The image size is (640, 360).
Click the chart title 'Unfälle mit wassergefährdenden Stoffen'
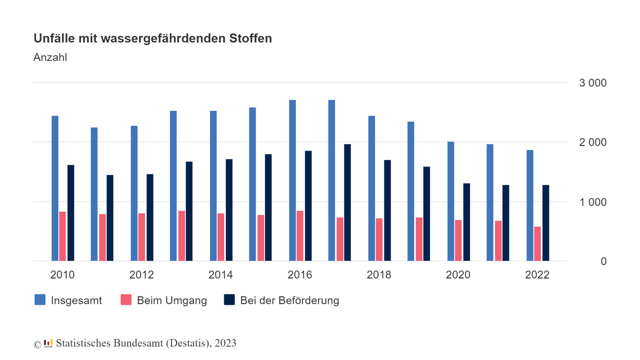152,38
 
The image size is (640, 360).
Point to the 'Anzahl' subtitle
50,58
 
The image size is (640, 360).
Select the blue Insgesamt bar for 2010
55,188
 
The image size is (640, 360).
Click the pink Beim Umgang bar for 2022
538,244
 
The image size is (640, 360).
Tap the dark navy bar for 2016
308,206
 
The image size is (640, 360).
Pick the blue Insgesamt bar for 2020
451,201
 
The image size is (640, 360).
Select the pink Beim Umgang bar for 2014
221,237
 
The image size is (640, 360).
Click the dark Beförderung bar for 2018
387,210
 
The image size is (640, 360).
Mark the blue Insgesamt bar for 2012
134,194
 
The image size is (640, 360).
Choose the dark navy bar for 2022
546,223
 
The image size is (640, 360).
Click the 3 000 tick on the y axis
593,83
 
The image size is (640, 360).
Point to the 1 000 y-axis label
593,202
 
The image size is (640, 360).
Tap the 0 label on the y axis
603,261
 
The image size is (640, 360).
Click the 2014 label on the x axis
221,275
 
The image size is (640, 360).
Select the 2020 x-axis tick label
458,275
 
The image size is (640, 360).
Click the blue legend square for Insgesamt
40,300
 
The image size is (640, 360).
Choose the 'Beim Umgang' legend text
172,300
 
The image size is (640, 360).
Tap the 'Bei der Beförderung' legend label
290,300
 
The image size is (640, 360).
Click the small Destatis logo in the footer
48,343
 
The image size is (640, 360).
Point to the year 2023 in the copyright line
225,343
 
